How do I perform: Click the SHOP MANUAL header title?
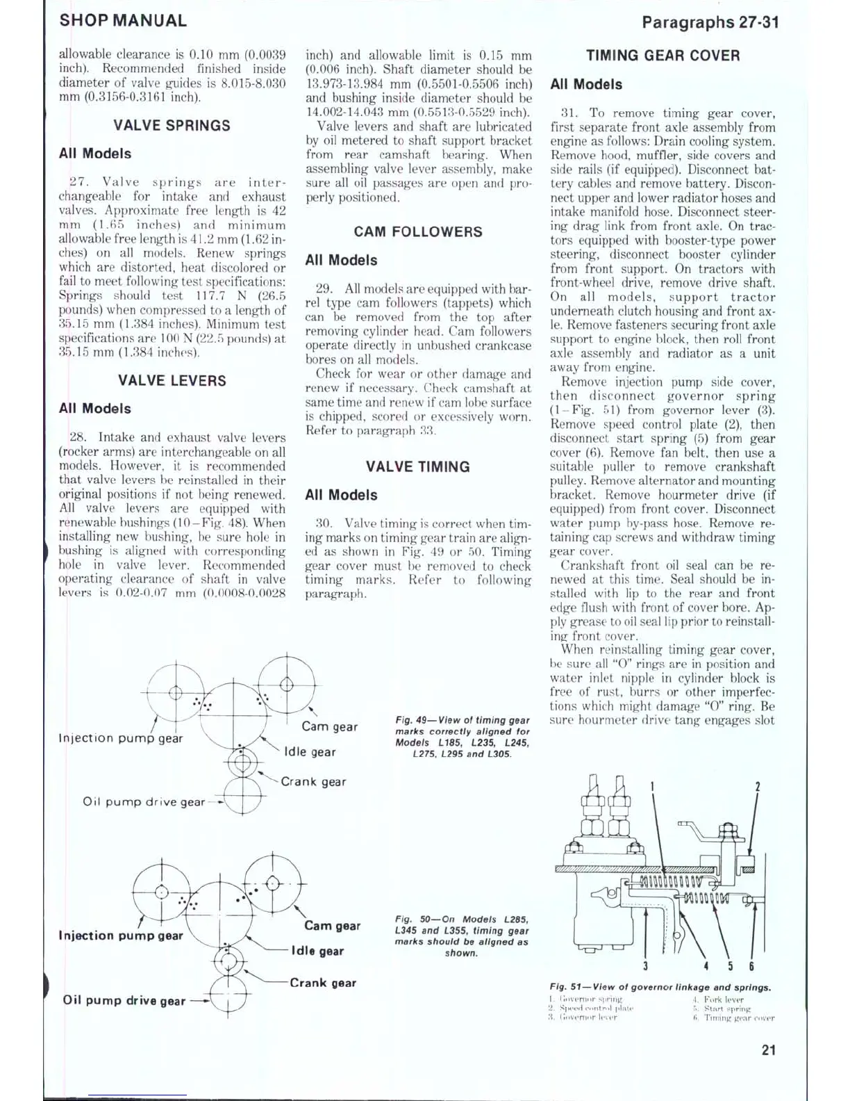123,21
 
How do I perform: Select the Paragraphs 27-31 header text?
710,22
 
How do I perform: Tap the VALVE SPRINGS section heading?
172,126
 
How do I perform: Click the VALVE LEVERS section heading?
172,381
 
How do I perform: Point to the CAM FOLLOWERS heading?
417,232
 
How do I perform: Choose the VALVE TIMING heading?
417,467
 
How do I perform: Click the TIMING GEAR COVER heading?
662,56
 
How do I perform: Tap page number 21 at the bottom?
768,1050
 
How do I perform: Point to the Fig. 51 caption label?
660,987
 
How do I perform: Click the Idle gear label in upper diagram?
310,752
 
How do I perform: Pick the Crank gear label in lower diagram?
323,983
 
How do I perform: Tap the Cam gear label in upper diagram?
329,727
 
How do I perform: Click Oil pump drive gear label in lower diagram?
124,1001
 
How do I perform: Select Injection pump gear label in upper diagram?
121,738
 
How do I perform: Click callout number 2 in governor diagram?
757,787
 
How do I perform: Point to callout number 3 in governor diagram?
645,965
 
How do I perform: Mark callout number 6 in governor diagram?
751,965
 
